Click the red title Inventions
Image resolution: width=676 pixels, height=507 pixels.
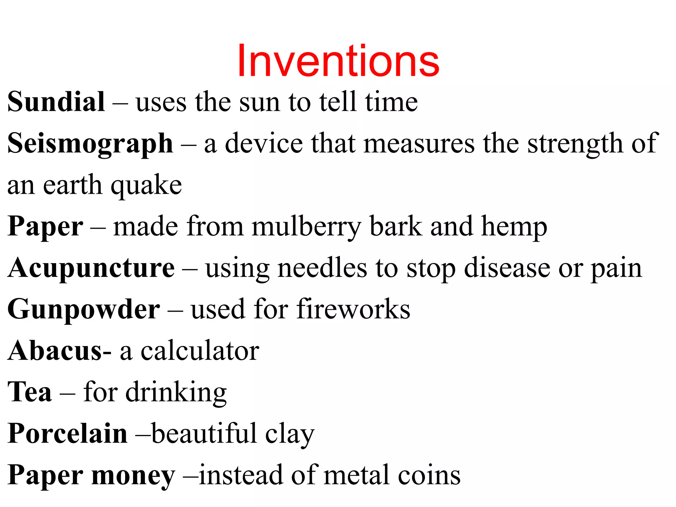[338, 61]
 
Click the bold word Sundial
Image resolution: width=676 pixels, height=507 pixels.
[56, 102]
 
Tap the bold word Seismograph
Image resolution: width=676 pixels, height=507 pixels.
[90, 144]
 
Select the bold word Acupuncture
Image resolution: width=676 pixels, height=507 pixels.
[91, 268]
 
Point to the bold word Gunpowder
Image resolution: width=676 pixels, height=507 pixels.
[84, 310]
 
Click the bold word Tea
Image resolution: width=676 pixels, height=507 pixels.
[30, 392]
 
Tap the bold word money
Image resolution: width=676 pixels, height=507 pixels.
[133, 475]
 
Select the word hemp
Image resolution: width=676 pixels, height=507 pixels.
[514, 227]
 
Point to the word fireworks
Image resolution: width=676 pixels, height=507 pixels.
[353, 309]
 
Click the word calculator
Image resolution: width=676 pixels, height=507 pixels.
[200, 351]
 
